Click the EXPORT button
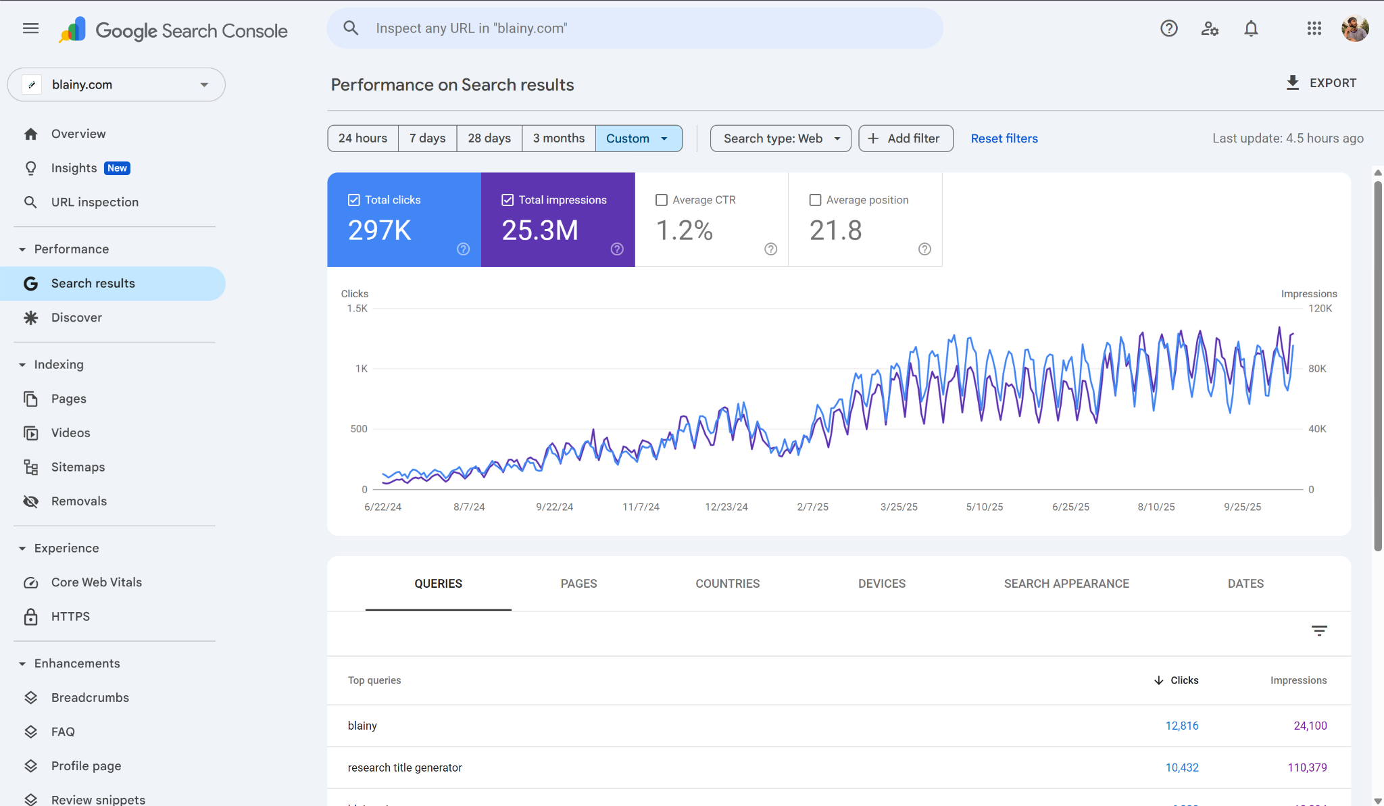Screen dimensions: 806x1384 tap(1321, 83)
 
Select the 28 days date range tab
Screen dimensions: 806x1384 tap(489, 138)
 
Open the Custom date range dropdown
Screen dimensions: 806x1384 tap(638, 138)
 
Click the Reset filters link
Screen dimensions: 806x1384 tap(1004, 138)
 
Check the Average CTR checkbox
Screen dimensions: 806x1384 tap(662, 200)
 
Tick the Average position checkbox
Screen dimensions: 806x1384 tap(815, 200)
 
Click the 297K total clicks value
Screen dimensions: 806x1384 tap(379, 230)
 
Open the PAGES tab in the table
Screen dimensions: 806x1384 tap(578, 584)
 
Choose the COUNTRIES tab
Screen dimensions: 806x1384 tap(727, 584)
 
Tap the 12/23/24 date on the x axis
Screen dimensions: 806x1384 tap(726, 507)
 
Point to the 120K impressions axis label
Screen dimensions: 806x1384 tap(1320, 309)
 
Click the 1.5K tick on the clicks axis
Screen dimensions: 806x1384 tap(357, 309)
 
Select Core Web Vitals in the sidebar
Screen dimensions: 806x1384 tap(96, 582)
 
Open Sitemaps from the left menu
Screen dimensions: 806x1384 tap(78, 467)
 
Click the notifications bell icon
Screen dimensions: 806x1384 tap(1251, 28)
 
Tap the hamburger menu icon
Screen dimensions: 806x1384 tap(30, 28)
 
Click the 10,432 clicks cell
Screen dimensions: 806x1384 tap(1181, 767)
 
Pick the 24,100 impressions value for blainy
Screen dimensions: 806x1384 tap(1310, 726)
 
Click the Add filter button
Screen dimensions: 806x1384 tap(906, 138)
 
